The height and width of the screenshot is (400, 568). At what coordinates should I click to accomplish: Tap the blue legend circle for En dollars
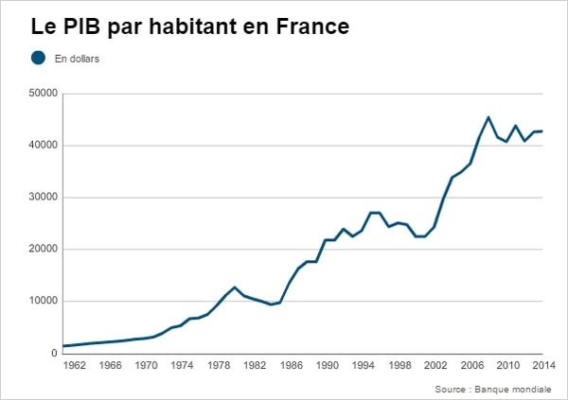pos(39,58)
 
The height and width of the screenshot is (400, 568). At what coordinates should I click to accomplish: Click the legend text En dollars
pos(78,59)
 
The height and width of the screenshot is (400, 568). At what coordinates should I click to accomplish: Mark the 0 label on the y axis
pos(55,354)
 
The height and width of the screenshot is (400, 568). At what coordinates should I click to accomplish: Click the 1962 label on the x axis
pos(74,365)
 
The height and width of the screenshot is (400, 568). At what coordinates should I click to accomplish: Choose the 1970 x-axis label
pos(147,365)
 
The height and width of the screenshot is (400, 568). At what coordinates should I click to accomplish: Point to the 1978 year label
pos(219,365)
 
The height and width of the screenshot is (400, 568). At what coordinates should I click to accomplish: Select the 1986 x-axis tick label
pos(291,365)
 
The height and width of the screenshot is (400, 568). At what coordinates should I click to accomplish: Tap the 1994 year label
pos(364,365)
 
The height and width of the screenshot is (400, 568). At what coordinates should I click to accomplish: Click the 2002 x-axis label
pos(435,365)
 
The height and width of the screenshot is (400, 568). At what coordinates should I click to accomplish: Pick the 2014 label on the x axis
pos(542,365)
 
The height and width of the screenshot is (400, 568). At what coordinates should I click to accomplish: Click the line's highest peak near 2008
pos(488,117)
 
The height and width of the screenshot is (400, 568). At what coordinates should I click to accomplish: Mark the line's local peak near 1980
pos(235,287)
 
